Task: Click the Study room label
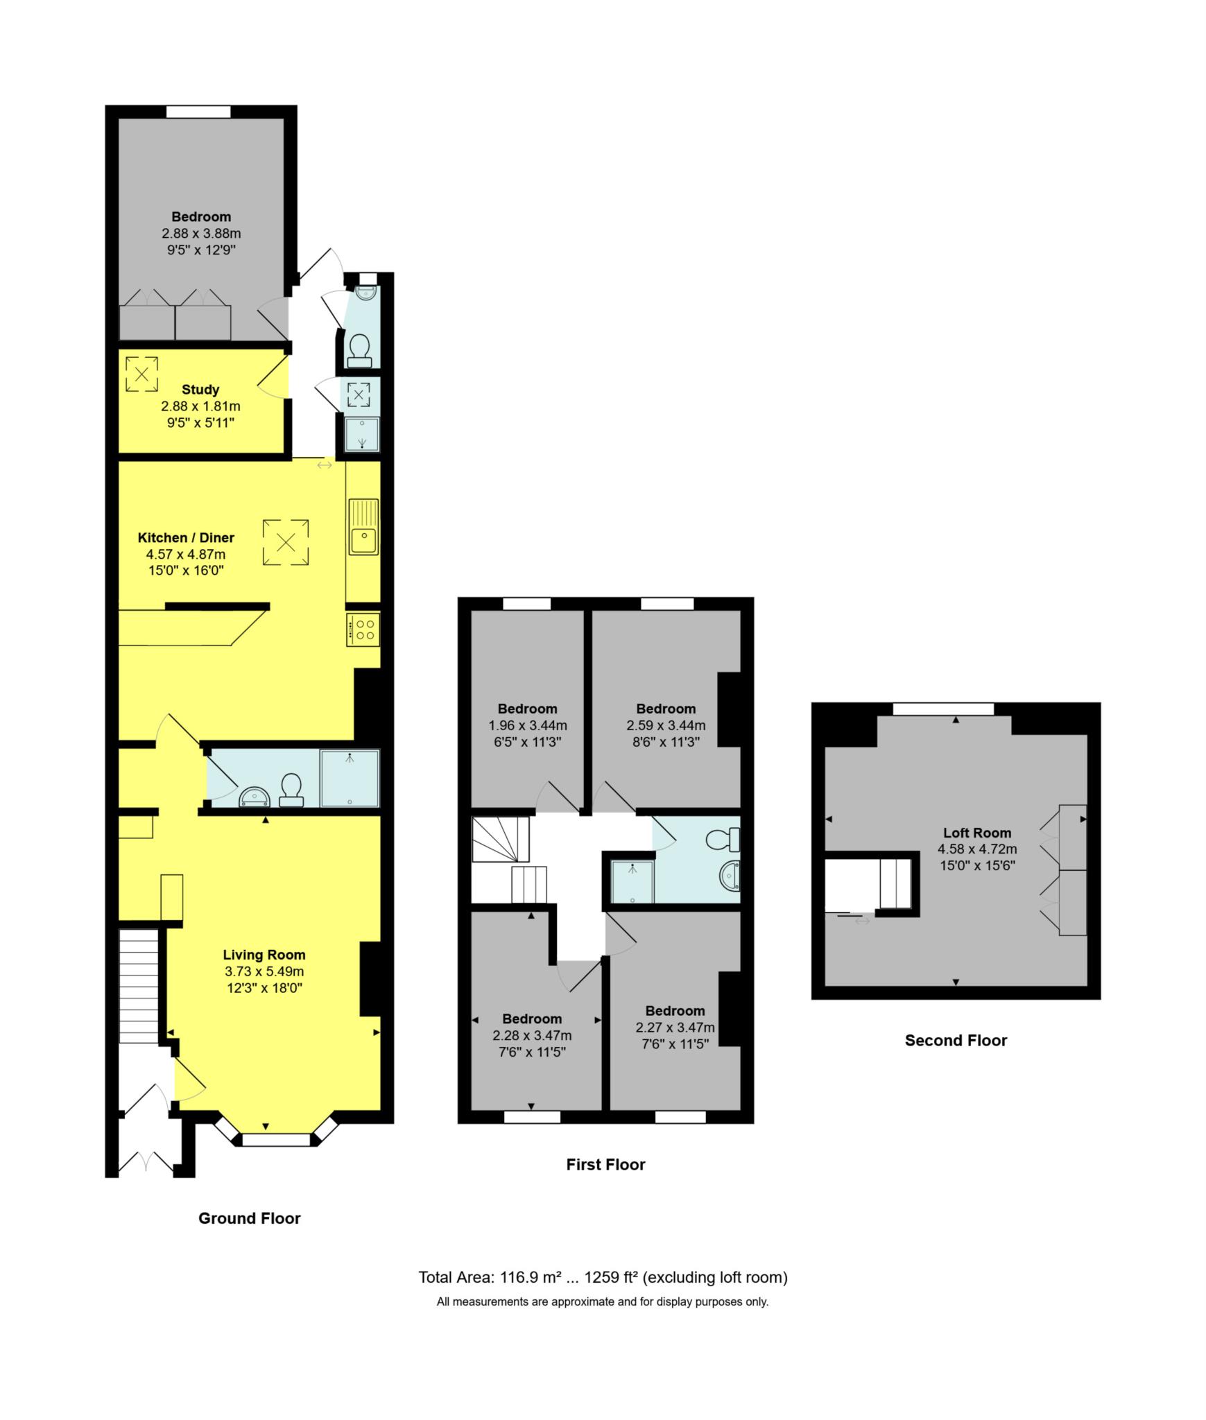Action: (x=200, y=390)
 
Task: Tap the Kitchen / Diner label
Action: (x=186, y=537)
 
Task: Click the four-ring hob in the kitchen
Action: (x=363, y=630)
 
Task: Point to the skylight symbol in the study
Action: (x=141, y=374)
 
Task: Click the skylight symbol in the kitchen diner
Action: (x=286, y=542)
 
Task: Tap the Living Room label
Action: (x=264, y=955)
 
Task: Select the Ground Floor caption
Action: (x=249, y=1218)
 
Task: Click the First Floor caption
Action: (x=605, y=1165)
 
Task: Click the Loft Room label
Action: (x=977, y=833)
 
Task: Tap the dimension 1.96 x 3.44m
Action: (x=528, y=725)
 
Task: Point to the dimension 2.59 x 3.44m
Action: (x=666, y=725)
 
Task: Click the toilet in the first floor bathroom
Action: (x=721, y=840)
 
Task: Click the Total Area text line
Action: (x=603, y=1277)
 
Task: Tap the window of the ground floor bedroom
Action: (x=198, y=112)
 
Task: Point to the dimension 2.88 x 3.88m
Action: (x=201, y=234)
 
